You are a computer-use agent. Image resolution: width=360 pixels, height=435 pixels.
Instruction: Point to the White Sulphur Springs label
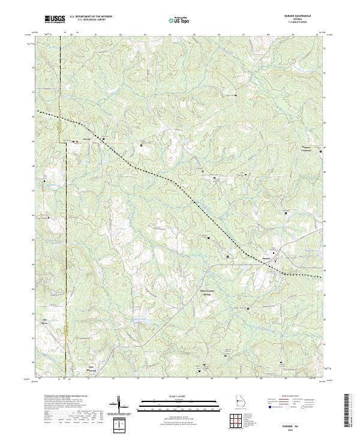[207, 295]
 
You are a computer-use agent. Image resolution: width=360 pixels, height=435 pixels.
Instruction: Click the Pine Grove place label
[92, 368]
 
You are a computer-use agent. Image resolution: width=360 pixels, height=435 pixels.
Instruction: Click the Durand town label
[266, 259]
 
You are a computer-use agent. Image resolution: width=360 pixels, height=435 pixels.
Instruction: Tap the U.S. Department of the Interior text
[90, 17]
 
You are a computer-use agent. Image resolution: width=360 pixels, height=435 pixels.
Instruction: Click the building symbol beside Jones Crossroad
[320, 151]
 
